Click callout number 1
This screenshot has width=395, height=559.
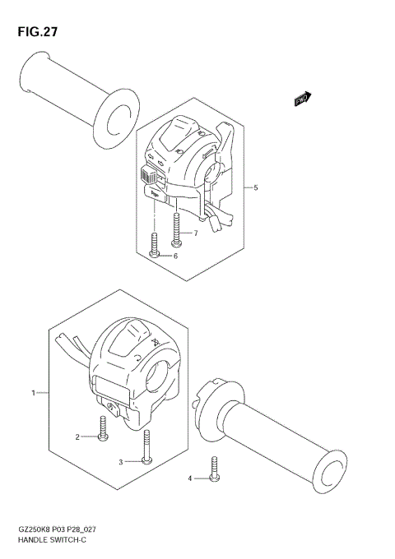point(34,394)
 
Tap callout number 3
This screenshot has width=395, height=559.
point(120,462)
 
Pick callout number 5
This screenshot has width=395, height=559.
point(256,187)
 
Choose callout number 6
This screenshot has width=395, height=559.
point(174,256)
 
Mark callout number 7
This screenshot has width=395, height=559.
point(195,233)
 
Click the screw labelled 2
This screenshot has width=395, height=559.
point(101,428)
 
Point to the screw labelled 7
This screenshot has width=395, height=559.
point(176,229)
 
